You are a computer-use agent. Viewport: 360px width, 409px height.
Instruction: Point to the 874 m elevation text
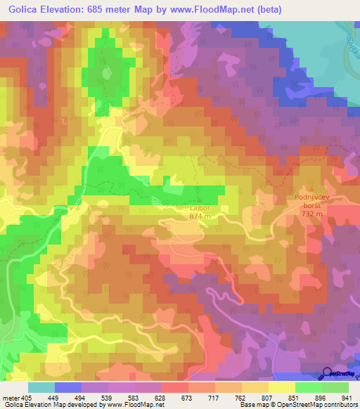pyautogui.click(x=200, y=216)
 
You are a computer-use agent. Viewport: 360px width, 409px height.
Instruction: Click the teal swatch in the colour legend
pyautogui.click(x=41, y=387)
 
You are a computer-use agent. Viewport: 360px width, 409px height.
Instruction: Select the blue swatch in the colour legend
pyautogui.click(x=68, y=387)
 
